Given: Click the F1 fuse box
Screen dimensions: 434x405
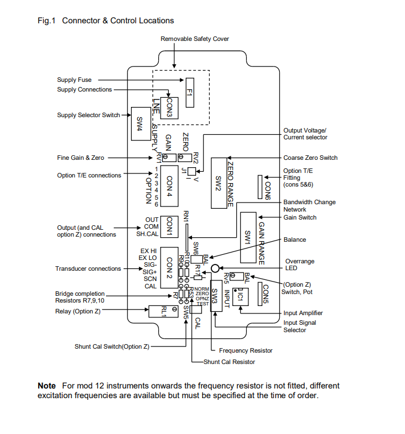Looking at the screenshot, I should coord(190,91).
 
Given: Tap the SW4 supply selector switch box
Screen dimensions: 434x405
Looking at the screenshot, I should coord(140,123).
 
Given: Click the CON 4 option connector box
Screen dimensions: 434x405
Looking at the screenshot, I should coord(169,186).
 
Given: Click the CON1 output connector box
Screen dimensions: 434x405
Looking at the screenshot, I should coord(169,226).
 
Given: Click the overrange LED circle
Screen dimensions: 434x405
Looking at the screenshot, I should coord(215,268).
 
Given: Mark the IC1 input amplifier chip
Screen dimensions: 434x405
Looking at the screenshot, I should coord(241,296).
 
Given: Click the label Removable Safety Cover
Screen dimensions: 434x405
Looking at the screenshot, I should coord(195,39).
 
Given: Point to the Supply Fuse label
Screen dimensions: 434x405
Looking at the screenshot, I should coord(74,80).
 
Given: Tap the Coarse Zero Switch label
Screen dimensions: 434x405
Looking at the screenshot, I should coord(310,158).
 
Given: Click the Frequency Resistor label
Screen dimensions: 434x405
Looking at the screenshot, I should coord(246,350).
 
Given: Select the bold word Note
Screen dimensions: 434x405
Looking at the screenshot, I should coord(47,386).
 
